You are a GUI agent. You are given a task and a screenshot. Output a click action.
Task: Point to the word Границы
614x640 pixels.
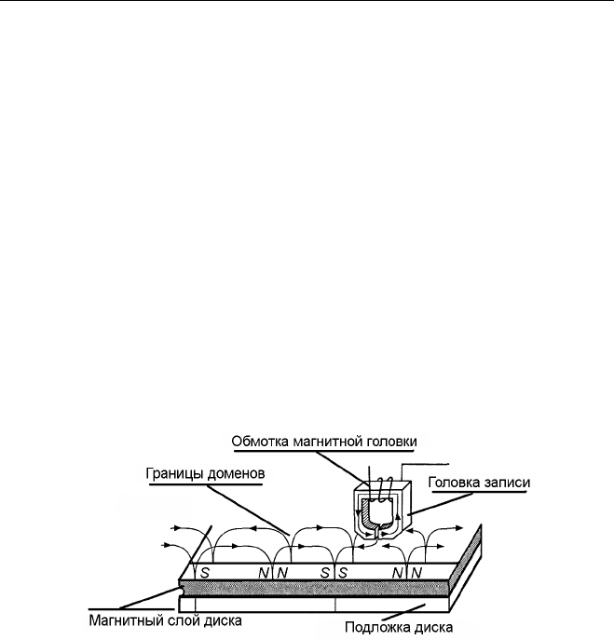(x=175, y=473)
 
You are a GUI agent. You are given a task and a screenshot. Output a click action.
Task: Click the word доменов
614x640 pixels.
(x=236, y=473)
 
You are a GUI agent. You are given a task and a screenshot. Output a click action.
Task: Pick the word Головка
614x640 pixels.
(x=452, y=483)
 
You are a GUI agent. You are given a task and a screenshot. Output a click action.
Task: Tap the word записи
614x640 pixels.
(x=505, y=483)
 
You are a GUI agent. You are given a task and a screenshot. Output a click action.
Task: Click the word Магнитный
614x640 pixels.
(x=122, y=620)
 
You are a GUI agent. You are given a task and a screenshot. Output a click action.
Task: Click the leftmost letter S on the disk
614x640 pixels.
(x=205, y=573)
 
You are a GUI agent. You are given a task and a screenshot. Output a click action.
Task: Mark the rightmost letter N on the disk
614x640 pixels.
(x=416, y=573)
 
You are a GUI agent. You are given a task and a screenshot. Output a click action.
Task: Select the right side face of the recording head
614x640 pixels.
(x=406, y=508)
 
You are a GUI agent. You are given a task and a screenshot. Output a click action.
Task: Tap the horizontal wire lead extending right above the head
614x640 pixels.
(x=425, y=464)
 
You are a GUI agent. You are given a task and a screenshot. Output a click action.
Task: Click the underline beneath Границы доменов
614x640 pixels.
(x=206, y=485)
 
